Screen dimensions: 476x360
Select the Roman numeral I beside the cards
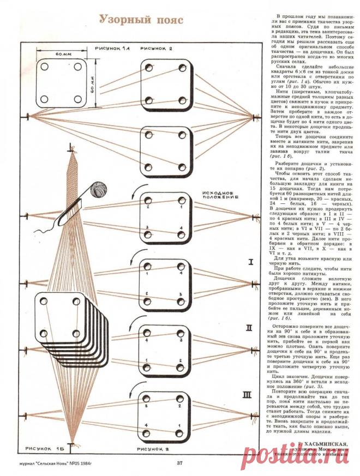(x=250, y=262)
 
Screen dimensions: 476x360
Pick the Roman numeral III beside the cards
(x=248, y=394)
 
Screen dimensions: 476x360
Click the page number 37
(x=179, y=463)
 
